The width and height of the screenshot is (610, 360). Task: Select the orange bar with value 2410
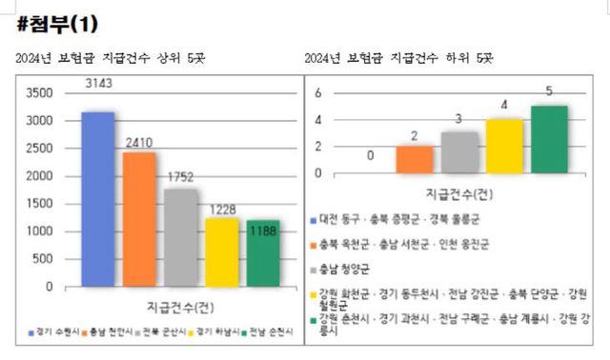pyautogui.click(x=139, y=218)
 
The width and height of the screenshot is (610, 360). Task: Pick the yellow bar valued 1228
pyautogui.click(x=222, y=251)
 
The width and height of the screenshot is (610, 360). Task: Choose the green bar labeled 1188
pyautogui.click(x=263, y=252)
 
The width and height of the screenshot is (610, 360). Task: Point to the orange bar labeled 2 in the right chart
pyautogui.click(x=414, y=159)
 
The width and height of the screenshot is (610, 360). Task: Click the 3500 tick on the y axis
pyautogui.click(x=41, y=93)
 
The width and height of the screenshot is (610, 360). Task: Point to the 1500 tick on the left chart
pyautogui.click(x=41, y=204)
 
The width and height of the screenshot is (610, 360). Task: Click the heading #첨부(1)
pyautogui.click(x=58, y=22)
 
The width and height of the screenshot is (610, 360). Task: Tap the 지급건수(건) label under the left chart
pyautogui.click(x=181, y=306)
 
